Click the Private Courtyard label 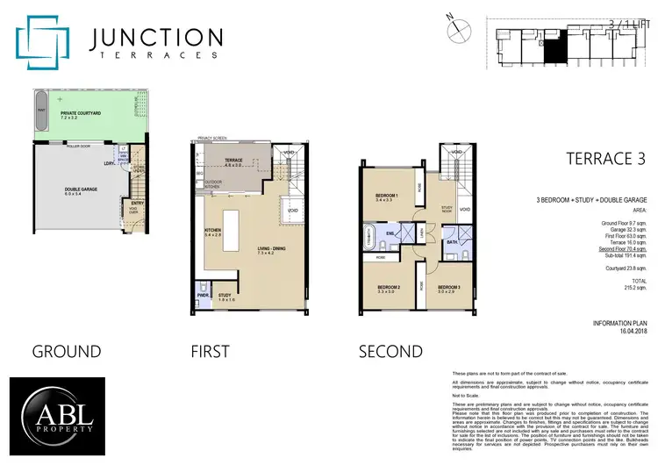click(x=80, y=114)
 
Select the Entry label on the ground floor click(x=138, y=204)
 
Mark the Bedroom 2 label click(x=390, y=288)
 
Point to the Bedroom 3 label click(x=448, y=288)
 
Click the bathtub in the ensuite click(x=370, y=238)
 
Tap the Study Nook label click(x=447, y=209)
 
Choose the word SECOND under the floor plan click(x=390, y=352)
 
